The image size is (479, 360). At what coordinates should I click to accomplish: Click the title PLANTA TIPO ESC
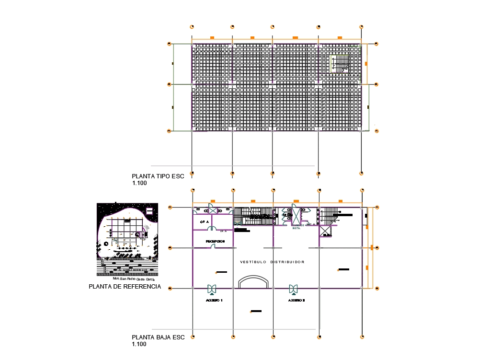coord(158,176)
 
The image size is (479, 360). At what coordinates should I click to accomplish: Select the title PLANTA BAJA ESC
coord(158,337)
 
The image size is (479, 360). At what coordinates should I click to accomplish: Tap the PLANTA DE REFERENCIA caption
coord(125,287)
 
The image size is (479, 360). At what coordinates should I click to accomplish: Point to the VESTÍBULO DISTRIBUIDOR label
coord(272,262)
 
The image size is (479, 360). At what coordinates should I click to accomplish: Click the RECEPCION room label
coord(215,241)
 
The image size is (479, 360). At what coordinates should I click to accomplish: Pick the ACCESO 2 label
coord(297,300)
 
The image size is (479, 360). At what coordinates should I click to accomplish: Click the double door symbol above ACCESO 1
coord(211,289)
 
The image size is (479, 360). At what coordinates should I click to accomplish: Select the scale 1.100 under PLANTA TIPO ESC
coord(139,183)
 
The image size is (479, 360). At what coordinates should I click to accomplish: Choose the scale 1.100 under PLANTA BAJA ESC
coord(139,344)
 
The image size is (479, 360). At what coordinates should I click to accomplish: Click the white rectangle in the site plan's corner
coord(149,210)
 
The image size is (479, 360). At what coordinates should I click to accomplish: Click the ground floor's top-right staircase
coord(331,215)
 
